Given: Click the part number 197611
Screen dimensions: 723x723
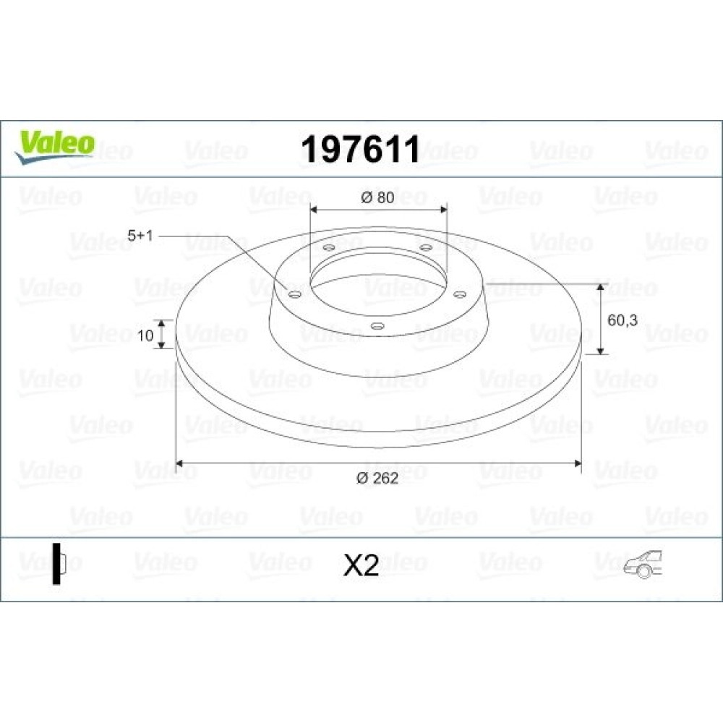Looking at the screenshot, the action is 360,150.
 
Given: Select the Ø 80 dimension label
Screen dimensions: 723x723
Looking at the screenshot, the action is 377,197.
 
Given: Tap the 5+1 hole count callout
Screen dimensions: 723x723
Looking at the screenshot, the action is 140,236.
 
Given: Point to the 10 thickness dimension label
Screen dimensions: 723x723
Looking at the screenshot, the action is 145,335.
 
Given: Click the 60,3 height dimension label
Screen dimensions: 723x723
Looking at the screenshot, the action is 623,320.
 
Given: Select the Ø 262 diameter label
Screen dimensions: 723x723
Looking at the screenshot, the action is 377,478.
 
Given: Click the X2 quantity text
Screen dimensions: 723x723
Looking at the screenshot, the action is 361,565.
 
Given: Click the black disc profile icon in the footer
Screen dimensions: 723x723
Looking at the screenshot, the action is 59,563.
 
